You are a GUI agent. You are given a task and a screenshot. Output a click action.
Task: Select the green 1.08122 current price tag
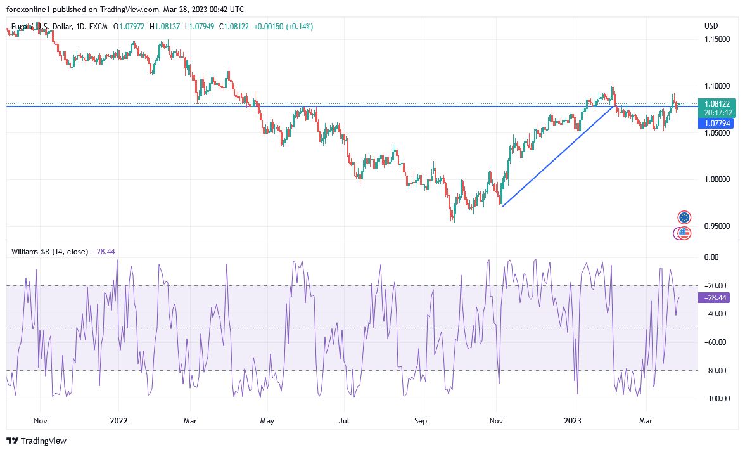click(x=716, y=103)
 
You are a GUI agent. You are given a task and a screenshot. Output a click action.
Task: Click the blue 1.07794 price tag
click(x=716, y=124)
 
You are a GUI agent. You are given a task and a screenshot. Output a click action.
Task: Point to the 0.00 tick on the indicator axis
click(x=711, y=257)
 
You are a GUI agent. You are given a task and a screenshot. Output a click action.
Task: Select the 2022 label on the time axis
click(x=118, y=420)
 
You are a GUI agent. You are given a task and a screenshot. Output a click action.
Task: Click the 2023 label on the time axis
click(x=573, y=420)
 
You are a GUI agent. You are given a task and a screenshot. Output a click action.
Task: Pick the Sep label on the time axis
click(x=421, y=420)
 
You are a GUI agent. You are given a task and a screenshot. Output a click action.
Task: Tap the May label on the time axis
click(x=267, y=420)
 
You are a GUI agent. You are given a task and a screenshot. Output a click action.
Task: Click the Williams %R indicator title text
click(x=50, y=252)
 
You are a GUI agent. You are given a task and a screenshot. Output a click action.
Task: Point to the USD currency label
click(x=711, y=26)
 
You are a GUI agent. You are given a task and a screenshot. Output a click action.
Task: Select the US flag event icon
click(x=684, y=233)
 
